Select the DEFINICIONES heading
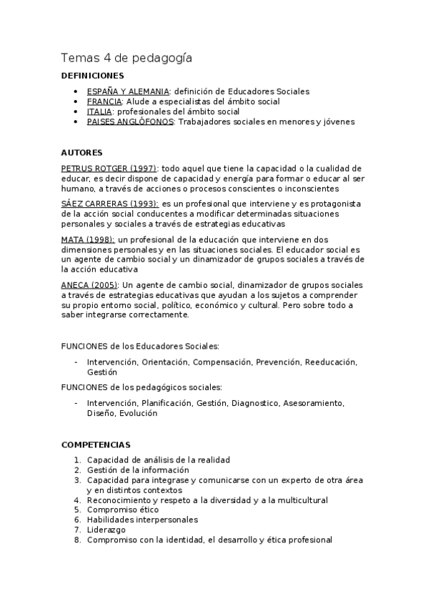(92, 76)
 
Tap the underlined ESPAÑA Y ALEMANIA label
(128, 91)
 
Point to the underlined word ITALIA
(99, 111)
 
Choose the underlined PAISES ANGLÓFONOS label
(130, 121)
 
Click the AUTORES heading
(81, 152)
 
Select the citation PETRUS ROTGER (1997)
(109, 168)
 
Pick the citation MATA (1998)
(87, 239)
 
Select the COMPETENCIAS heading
(96, 444)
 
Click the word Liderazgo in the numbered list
(106, 530)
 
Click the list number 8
(77, 540)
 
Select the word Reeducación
(330, 362)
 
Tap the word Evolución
(139, 413)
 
